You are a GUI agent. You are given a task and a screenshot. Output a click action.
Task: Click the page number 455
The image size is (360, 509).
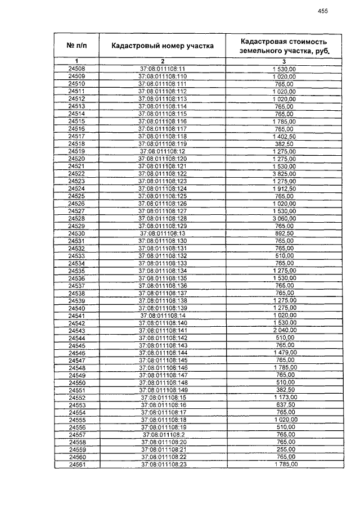(322, 11)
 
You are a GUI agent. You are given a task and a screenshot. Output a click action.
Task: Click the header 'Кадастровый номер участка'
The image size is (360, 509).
(162, 46)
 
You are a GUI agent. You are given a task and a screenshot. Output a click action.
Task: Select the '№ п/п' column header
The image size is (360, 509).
(76, 46)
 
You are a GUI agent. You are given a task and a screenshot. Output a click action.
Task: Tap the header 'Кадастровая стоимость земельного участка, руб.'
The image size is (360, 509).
(283, 46)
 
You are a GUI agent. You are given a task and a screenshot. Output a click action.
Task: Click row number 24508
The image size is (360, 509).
(76, 69)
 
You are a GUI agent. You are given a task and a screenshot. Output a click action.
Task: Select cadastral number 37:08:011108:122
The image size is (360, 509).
(162, 174)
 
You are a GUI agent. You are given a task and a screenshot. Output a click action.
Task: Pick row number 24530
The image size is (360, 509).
(76, 233)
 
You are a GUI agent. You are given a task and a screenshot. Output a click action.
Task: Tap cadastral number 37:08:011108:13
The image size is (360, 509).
(162, 233)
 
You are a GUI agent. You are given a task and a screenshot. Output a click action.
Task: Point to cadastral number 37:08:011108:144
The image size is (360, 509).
(162, 353)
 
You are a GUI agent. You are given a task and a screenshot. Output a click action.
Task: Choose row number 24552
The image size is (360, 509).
(76, 398)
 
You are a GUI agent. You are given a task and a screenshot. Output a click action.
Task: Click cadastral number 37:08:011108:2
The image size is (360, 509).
(162, 435)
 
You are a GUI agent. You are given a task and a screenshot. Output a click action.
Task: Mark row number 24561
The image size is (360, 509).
(76, 465)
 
